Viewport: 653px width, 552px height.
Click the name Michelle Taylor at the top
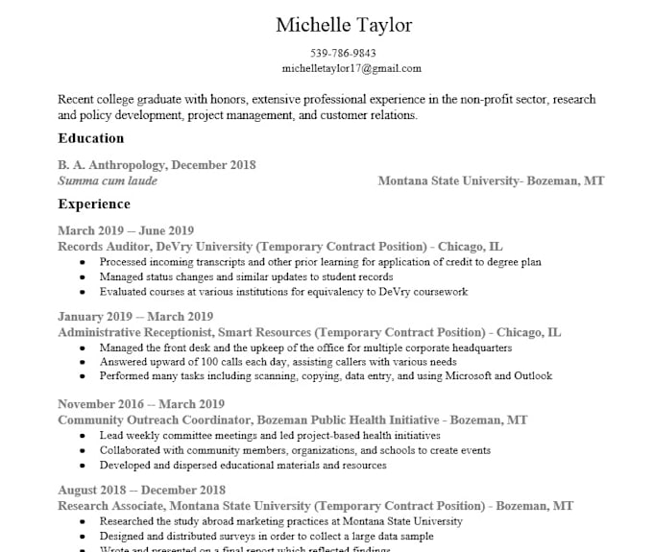click(343, 24)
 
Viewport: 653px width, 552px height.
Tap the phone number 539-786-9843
click(343, 53)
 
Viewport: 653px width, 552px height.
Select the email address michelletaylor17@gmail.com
click(351, 68)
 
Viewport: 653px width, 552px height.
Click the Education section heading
click(90, 138)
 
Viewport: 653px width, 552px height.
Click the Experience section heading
click(94, 204)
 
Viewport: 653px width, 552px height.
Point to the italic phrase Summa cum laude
click(108, 180)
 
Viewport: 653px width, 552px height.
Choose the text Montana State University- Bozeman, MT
click(491, 180)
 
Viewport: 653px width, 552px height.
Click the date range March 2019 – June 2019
click(126, 230)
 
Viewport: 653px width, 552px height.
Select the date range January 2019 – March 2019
click(135, 316)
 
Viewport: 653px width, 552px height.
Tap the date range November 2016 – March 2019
click(141, 404)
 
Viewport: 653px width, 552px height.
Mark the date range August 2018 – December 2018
click(141, 490)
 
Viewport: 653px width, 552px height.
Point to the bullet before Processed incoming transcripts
click(82, 262)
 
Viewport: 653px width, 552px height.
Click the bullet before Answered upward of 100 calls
click(82, 363)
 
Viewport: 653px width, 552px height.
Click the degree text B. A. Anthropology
click(111, 165)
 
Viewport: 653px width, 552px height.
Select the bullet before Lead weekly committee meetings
click(82, 436)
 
